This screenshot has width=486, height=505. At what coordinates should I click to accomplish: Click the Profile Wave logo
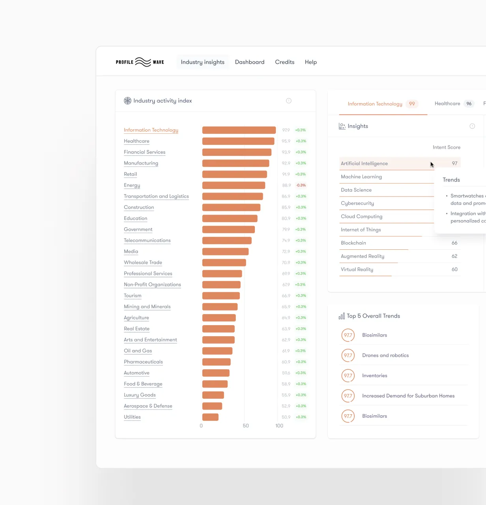click(x=140, y=62)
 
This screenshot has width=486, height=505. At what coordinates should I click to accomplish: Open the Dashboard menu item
click(x=250, y=62)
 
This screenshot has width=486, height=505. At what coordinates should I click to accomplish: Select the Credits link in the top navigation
click(x=284, y=62)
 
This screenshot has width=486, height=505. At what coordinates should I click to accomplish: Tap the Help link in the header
click(x=310, y=62)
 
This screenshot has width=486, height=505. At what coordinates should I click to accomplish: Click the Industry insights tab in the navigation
click(x=202, y=62)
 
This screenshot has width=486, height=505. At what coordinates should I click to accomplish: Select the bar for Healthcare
click(x=238, y=141)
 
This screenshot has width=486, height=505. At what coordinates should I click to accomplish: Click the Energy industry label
click(x=132, y=185)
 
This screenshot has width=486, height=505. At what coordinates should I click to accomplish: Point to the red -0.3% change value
click(x=301, y=185)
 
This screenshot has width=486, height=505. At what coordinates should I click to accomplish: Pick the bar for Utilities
click(x=210, y=417)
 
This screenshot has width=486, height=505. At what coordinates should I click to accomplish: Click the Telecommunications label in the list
click(x=147, y=240)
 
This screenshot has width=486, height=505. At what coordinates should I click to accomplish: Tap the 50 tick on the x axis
click(x=245, y=426)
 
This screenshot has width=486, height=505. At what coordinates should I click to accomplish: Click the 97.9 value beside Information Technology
click(x=286, y=130)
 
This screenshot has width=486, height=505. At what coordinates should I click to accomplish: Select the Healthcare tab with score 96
click(x=453, y=104)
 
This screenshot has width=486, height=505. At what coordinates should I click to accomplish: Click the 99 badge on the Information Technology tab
click(x=411, y=104)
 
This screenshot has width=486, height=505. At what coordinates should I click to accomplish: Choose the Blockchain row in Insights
click(x=353, y=243)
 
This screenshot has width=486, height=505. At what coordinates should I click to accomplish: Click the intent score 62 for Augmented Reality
click(x=454, y=256)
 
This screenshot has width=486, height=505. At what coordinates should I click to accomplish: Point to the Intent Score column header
click(x=446, y=147)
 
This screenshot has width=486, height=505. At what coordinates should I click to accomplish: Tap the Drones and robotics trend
click(x=385, y=355)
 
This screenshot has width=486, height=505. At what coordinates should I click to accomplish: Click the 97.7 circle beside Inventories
click(x=348, y=376)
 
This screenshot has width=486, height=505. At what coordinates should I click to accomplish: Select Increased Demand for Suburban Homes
click(x=408, y=396)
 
